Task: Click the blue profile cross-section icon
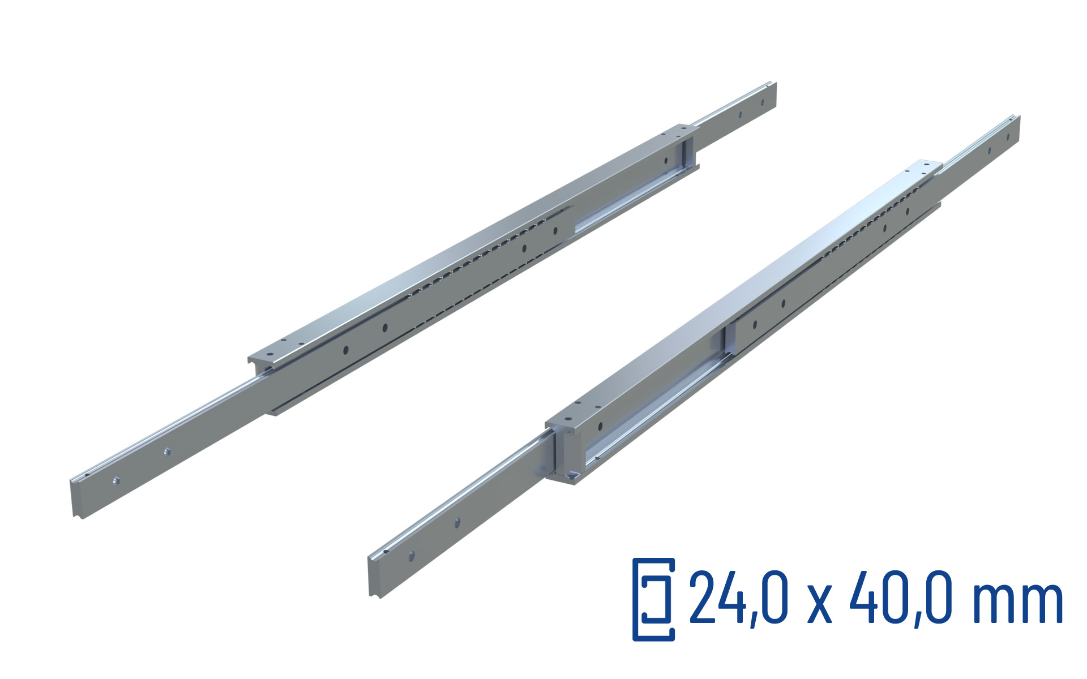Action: click(653, 599)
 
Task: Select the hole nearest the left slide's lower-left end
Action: click(116, 480)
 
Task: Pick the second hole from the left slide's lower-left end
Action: click(166, 451)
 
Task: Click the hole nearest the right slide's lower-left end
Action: click(412, 555)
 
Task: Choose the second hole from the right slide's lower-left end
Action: click(457, 522)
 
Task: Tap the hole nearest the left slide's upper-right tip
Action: click(762, 102)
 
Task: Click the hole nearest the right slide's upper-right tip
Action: click(1008, 136)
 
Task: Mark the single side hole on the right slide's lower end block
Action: click(600, 425)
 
